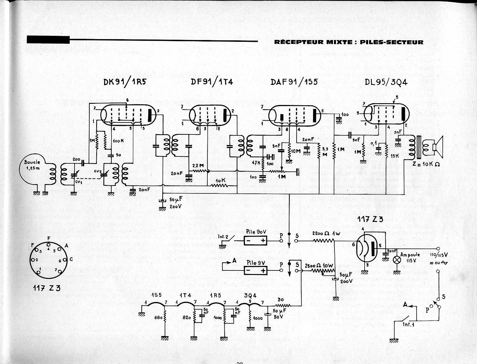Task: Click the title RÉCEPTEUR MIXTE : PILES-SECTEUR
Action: [x=349, y=42]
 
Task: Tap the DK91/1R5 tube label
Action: [x=125, y=82]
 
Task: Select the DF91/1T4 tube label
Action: [x=212, y=82]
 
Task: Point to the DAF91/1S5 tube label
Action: [x=294, y=82]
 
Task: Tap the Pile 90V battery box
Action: [x=255, y=240]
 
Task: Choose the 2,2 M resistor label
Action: [x=198, y=166]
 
